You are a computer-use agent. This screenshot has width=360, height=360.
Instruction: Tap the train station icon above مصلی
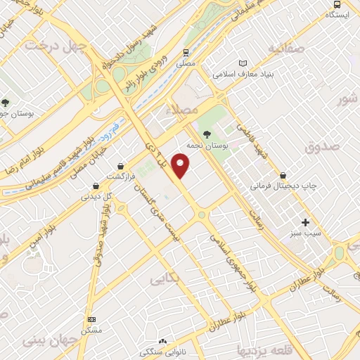(186, 52)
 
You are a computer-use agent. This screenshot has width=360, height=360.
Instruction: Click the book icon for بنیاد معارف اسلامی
(244, 63)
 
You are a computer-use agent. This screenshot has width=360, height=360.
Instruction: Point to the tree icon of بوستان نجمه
(207, 134)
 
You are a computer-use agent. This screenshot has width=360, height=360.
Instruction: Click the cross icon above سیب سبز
(305, 222)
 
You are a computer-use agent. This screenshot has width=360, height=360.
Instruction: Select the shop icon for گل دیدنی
(96, 186)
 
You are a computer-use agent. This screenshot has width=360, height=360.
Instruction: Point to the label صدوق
(323, 147)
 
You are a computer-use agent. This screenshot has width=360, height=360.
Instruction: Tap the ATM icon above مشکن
(91, 318)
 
